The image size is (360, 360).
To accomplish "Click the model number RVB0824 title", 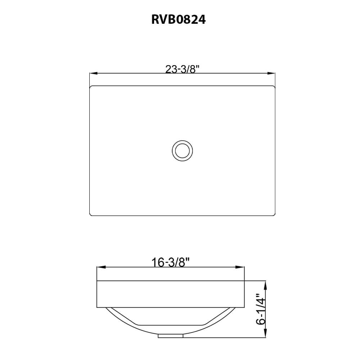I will (179, 19).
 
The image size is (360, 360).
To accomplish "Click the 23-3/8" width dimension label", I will (182, 69).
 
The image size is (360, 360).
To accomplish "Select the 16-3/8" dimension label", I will (171, 263).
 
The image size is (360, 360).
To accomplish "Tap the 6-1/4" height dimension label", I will (261, 310).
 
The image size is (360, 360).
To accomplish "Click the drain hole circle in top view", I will (182, 150).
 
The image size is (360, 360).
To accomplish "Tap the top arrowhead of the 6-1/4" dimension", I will (266, 285).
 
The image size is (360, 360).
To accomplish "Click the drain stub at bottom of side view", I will (171, 336).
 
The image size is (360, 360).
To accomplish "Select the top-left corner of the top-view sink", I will (91, 87).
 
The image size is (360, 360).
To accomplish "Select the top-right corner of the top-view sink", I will (274, 87).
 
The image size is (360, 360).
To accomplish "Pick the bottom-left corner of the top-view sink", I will (91, 215).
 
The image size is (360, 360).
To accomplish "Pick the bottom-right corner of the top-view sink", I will (274, 215).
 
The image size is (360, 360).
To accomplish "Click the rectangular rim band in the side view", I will (171, 294).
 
